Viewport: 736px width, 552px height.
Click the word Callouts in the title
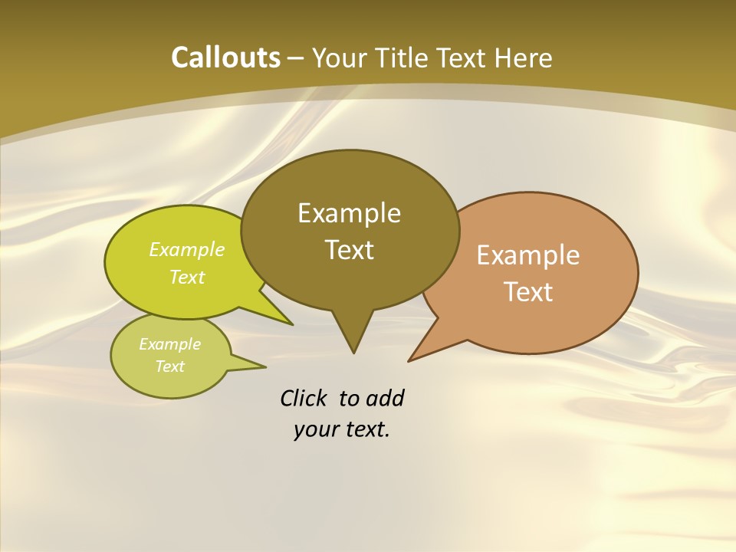click(x=225, y=58)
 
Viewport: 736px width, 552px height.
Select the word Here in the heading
click(x=524, y=58)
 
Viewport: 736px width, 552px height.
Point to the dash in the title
click(x=296, y=58)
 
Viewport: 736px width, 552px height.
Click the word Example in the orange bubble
click(x=528, y=255)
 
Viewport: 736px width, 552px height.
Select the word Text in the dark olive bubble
click(x=350, y=249)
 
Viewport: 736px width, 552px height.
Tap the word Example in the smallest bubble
click(x=169, y=344)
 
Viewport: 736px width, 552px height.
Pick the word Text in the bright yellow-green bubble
click(x=187, y=277)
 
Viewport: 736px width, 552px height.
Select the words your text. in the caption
click(x=342, y=429)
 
